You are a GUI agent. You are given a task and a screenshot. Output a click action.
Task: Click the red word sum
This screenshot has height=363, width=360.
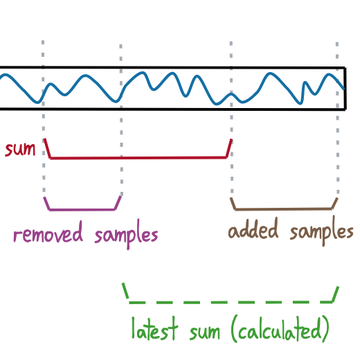click(x=20, y=150)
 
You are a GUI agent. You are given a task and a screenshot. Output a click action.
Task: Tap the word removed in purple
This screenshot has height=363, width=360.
click(x=48, y=232)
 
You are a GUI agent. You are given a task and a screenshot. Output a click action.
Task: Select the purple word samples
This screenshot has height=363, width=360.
click(x=126, y=234)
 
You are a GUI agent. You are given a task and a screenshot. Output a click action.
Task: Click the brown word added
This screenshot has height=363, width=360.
click(x=253, y=229)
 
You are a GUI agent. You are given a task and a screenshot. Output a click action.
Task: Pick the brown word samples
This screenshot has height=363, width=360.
click(x=322, y=231)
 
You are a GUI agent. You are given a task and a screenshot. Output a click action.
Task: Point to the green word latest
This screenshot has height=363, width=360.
click(x=155, y=328)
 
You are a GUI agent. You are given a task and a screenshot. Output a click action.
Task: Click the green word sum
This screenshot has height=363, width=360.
click(x=204, y=333)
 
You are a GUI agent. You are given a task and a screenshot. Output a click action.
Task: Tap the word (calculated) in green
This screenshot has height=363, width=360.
click(x=280, y=329)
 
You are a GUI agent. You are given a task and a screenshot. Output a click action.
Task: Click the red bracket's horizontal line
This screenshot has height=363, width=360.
click(x=138, y=158)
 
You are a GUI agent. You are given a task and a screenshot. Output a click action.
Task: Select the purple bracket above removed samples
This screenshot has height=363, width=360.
click(x=82, y=210)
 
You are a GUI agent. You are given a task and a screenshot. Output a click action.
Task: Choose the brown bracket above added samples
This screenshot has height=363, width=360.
click(x=284, y=209)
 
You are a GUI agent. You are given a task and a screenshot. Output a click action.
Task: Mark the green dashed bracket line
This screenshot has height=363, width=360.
click(x=231, y=302)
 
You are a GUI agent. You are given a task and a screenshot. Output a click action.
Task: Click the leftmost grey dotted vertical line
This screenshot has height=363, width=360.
click(x=43, y=116)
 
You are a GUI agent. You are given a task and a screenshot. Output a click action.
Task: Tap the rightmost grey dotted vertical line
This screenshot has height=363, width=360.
click(x=337, y=118)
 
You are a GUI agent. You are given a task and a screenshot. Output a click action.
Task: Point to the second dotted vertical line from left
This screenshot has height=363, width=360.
click(x=121, y=120)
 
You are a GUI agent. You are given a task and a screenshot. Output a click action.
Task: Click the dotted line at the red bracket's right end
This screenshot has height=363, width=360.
click(x=232, y=117)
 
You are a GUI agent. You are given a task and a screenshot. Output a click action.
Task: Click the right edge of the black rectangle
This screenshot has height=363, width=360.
click(x=345, y=89)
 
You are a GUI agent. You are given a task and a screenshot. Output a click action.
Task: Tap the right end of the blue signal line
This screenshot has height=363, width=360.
click(x=344, y=89)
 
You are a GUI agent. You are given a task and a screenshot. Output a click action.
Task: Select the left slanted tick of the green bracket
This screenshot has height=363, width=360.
click(x=125, y=290)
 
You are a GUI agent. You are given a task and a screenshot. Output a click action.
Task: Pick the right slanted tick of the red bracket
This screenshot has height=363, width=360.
click(x=229, y=148)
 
